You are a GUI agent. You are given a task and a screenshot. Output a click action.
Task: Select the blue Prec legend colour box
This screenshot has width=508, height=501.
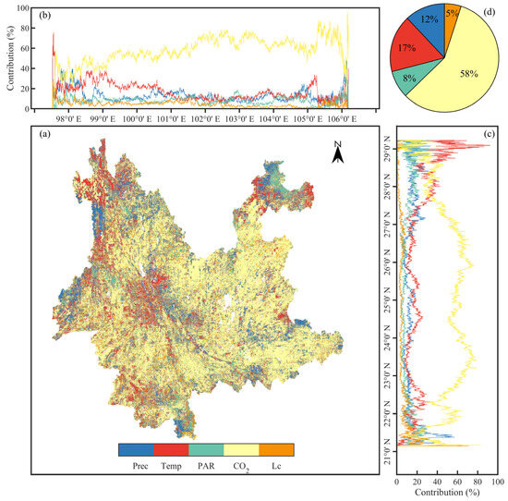tap(136, 449)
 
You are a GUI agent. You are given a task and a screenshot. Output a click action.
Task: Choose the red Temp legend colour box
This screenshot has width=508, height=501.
tap(171, 449)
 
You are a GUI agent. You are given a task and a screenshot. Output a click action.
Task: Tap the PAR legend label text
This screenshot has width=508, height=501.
tap(206, 466)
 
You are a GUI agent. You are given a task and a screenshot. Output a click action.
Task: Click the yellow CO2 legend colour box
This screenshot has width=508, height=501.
tap(241, 449)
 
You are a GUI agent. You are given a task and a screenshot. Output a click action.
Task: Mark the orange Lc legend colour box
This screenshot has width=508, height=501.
tap(276, 449)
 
